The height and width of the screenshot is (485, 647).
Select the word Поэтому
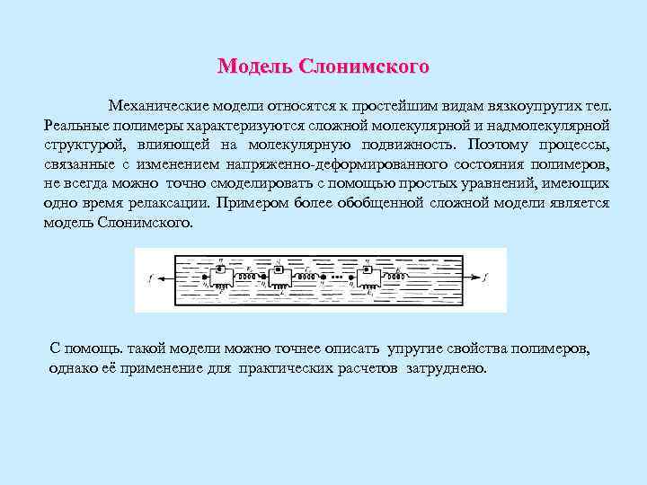point(499,145)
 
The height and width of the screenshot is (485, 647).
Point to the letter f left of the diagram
point(150,278)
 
